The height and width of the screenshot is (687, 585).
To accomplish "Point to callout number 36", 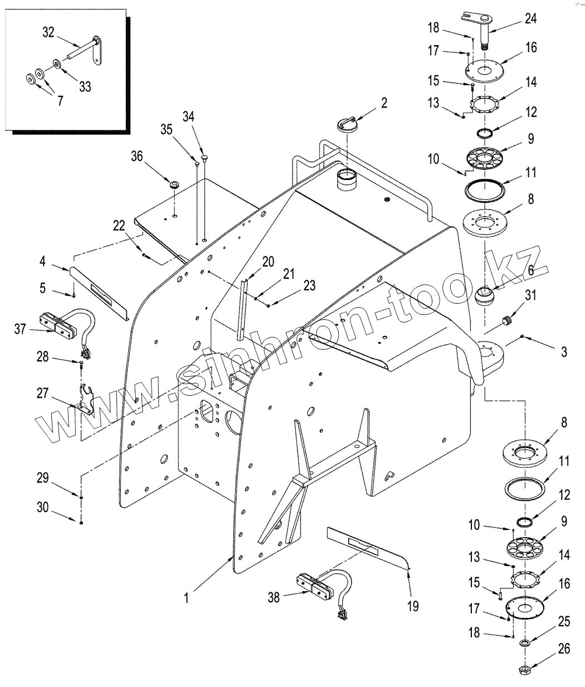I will (136, 155).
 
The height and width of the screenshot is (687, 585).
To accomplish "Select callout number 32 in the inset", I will (48, 32).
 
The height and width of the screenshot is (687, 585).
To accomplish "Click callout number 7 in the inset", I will (59, 101).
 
